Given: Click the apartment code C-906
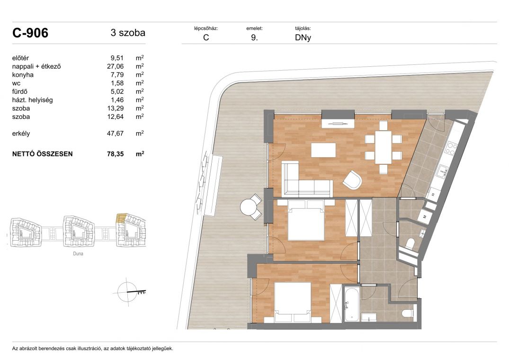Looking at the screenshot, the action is coord(30,33).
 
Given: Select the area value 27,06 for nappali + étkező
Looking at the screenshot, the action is coord(115,66).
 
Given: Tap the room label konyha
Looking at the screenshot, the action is coord(23,75).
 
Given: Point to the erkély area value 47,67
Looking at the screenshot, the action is coord(115,134).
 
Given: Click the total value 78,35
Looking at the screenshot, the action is coord(115,154).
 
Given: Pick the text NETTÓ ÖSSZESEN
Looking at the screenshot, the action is coord(43,154).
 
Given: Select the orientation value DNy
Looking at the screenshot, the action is coord(303,37).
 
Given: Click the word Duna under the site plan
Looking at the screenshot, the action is coord(78,253).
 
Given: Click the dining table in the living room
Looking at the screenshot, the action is coord(384,147).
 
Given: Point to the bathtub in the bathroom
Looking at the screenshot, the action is coord(351,304).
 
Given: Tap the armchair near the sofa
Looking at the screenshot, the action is coord(352,180).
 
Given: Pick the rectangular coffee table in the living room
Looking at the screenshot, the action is coord(324,150).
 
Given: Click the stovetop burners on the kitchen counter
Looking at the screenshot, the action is coord(451,148).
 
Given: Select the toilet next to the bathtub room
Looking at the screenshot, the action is coord(408,313).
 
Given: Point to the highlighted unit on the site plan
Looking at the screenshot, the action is coord(121,218).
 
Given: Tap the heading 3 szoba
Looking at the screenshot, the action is coord(128,33).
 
